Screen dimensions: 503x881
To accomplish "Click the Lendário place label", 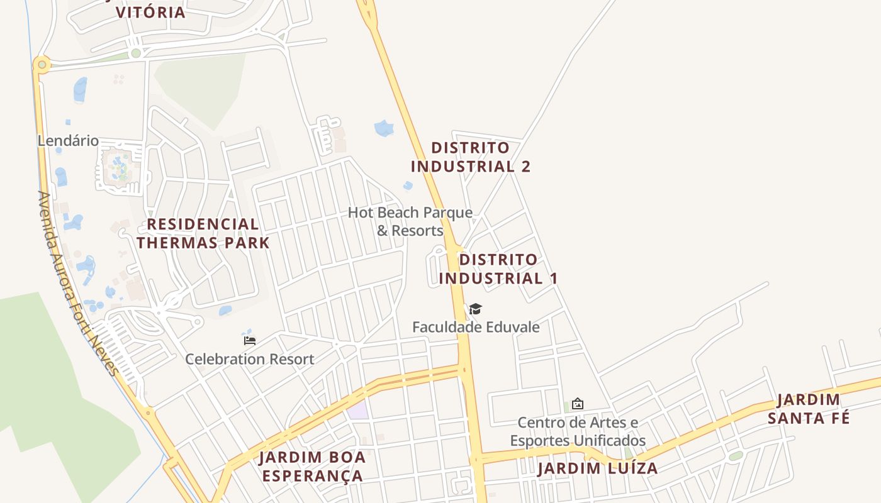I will pyautogui.click(x=68, y=141).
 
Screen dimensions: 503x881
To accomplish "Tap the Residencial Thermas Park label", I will pyautogui.click(x=203, y=233).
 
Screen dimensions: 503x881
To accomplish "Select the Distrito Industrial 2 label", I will pyautogui.click(x=470, y=157).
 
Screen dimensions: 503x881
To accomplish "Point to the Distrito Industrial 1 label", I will pyautogui.click(x=498, y=268).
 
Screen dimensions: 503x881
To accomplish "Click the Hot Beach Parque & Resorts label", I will pyautogui.click(x=410, y=221).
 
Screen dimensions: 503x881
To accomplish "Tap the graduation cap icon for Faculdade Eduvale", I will pyautogui.click(x=475, y=309).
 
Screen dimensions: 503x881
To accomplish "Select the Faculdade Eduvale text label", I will pyautogui.click(x=476, y=327).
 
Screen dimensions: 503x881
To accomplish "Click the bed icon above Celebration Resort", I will pyautogui.click(x=250, y=341).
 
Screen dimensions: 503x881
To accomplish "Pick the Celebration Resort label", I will pyautogui.click(x=249, y=360).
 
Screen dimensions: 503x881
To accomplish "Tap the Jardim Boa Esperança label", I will pyautogui.click(x=313, y=467).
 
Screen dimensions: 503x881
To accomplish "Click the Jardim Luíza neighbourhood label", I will pyautogui.click(x=597, y=468).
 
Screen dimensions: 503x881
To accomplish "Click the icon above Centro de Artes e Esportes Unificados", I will pyautogui.click(x=577, y=404).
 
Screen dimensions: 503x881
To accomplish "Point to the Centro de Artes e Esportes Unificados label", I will pyautogui.click(x=578, y=431).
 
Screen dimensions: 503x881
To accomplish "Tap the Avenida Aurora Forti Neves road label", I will pyautogui.click(x=78, y=283).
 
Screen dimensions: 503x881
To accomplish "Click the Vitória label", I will pyautogui.click(x=150, y=12).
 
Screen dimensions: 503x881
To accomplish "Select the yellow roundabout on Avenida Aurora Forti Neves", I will pyautogui.click(x=42, y=64).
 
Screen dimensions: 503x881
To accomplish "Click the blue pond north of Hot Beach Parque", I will pyautogui.click(x=383, y=128).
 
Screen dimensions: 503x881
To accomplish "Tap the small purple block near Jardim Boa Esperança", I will pyautogui.click(x=358, y=410).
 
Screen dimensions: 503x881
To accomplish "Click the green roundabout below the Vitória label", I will pyautogui.click(x=135, y=53).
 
